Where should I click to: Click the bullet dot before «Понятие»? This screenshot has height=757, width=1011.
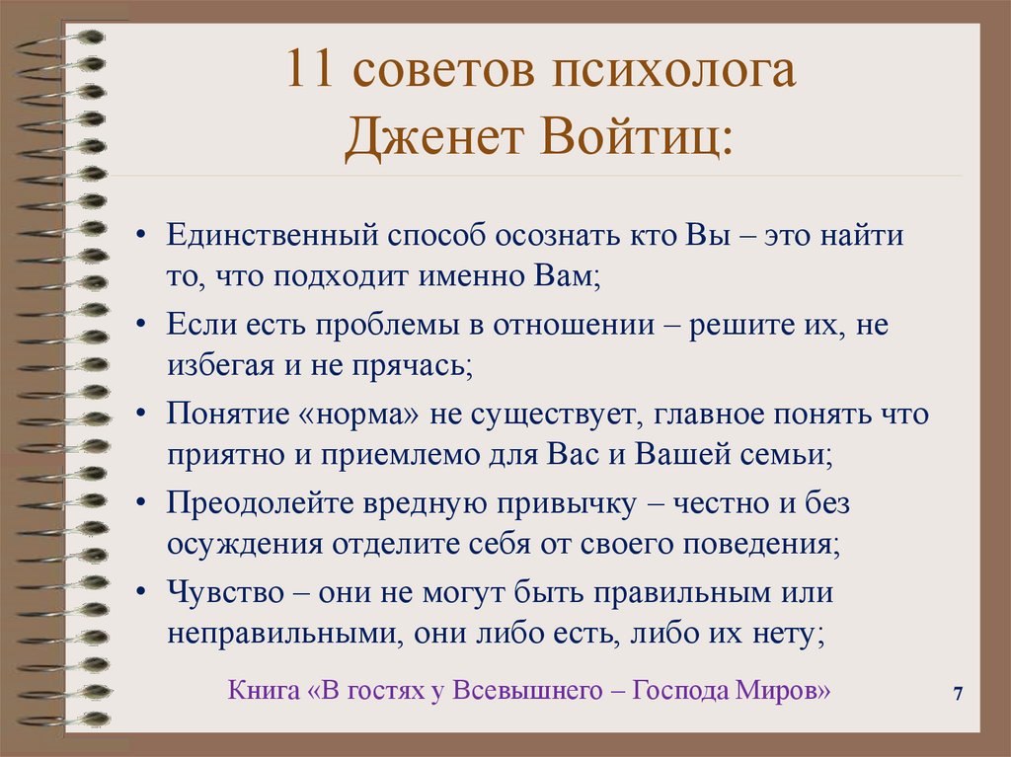coord(143,415)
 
